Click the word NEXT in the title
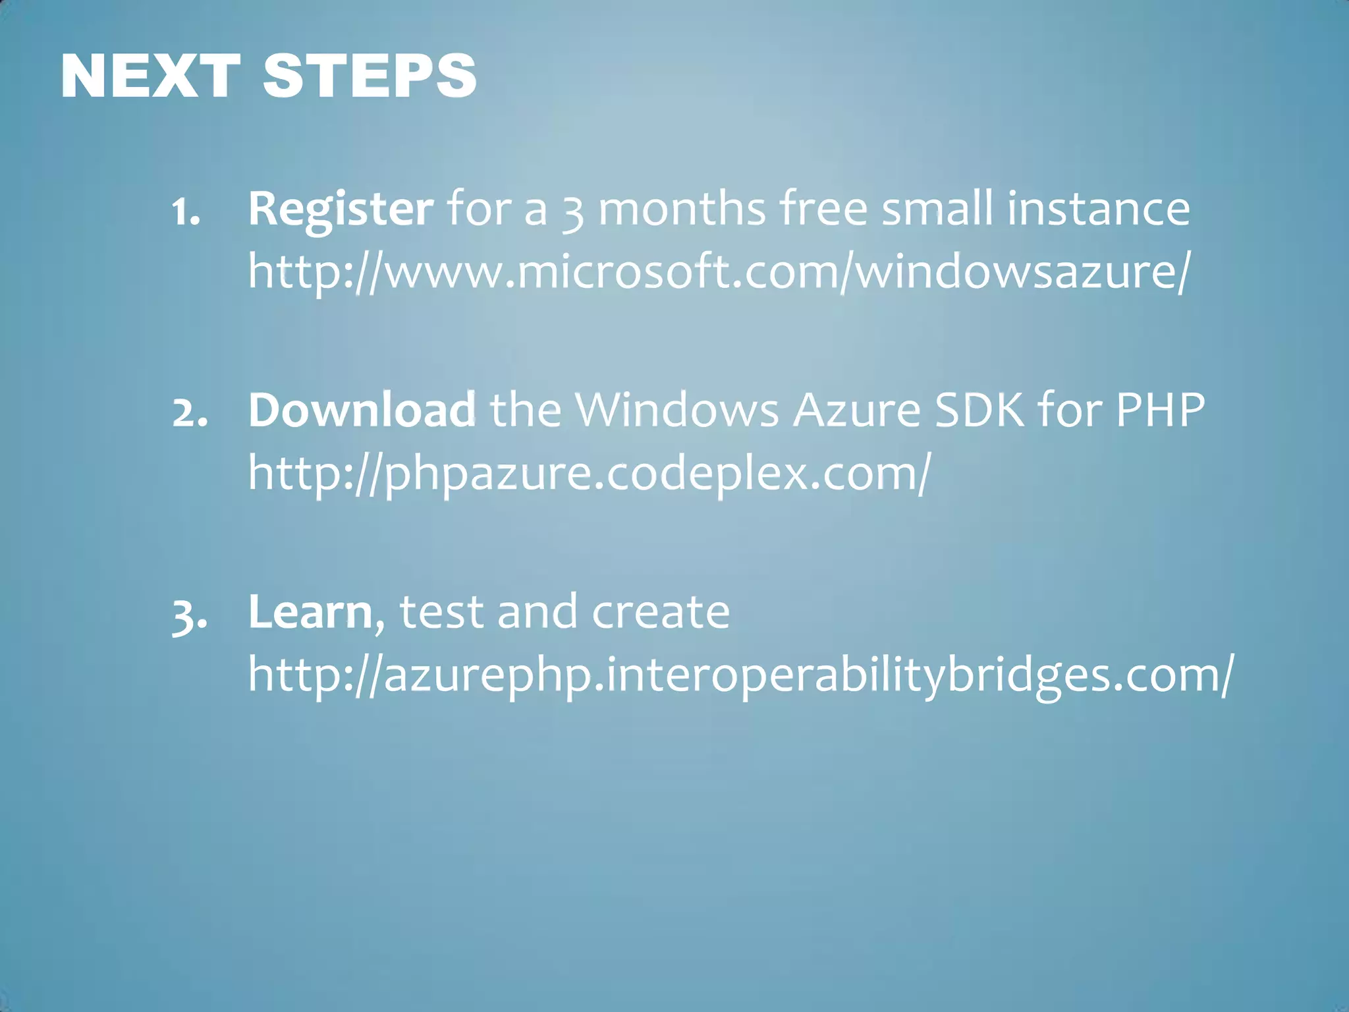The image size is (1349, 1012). tap(150, 76)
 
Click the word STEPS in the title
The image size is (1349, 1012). tap(369, 76)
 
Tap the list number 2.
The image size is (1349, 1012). tap(190, 414)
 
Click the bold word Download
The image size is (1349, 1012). tap(362, 410)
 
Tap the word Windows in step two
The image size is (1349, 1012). tap(676, 410)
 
